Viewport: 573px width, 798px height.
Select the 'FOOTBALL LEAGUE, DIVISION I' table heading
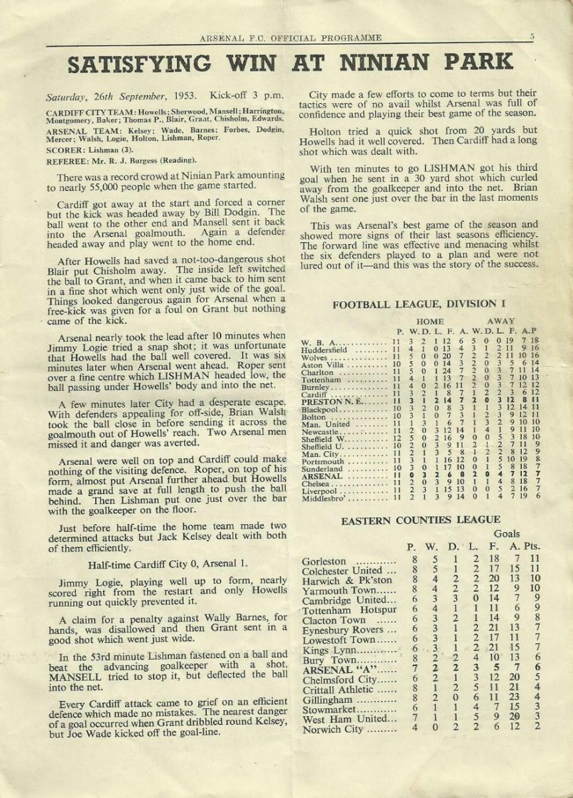(414, 305)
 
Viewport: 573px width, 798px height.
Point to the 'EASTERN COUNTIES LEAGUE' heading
(421, 520)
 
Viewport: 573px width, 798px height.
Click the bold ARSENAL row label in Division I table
(322, 476)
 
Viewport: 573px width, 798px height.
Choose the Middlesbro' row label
(328, 495)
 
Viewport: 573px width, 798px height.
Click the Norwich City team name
(334, 730)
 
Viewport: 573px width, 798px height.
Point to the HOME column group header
(431, 321)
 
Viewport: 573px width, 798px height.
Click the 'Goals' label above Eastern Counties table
(507, 534)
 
